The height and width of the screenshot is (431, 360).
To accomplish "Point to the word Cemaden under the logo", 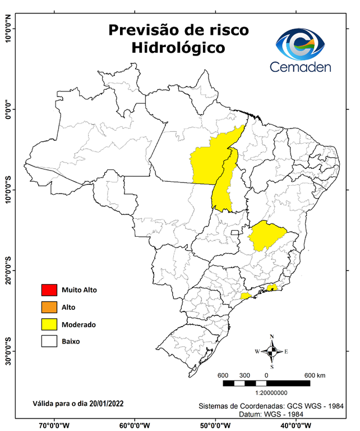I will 301,67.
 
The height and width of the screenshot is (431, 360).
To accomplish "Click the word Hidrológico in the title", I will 178,48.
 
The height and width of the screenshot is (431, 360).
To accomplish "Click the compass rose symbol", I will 271,352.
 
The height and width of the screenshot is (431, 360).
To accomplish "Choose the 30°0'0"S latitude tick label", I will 8,351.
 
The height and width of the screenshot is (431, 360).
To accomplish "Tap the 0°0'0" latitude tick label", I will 8,109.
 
